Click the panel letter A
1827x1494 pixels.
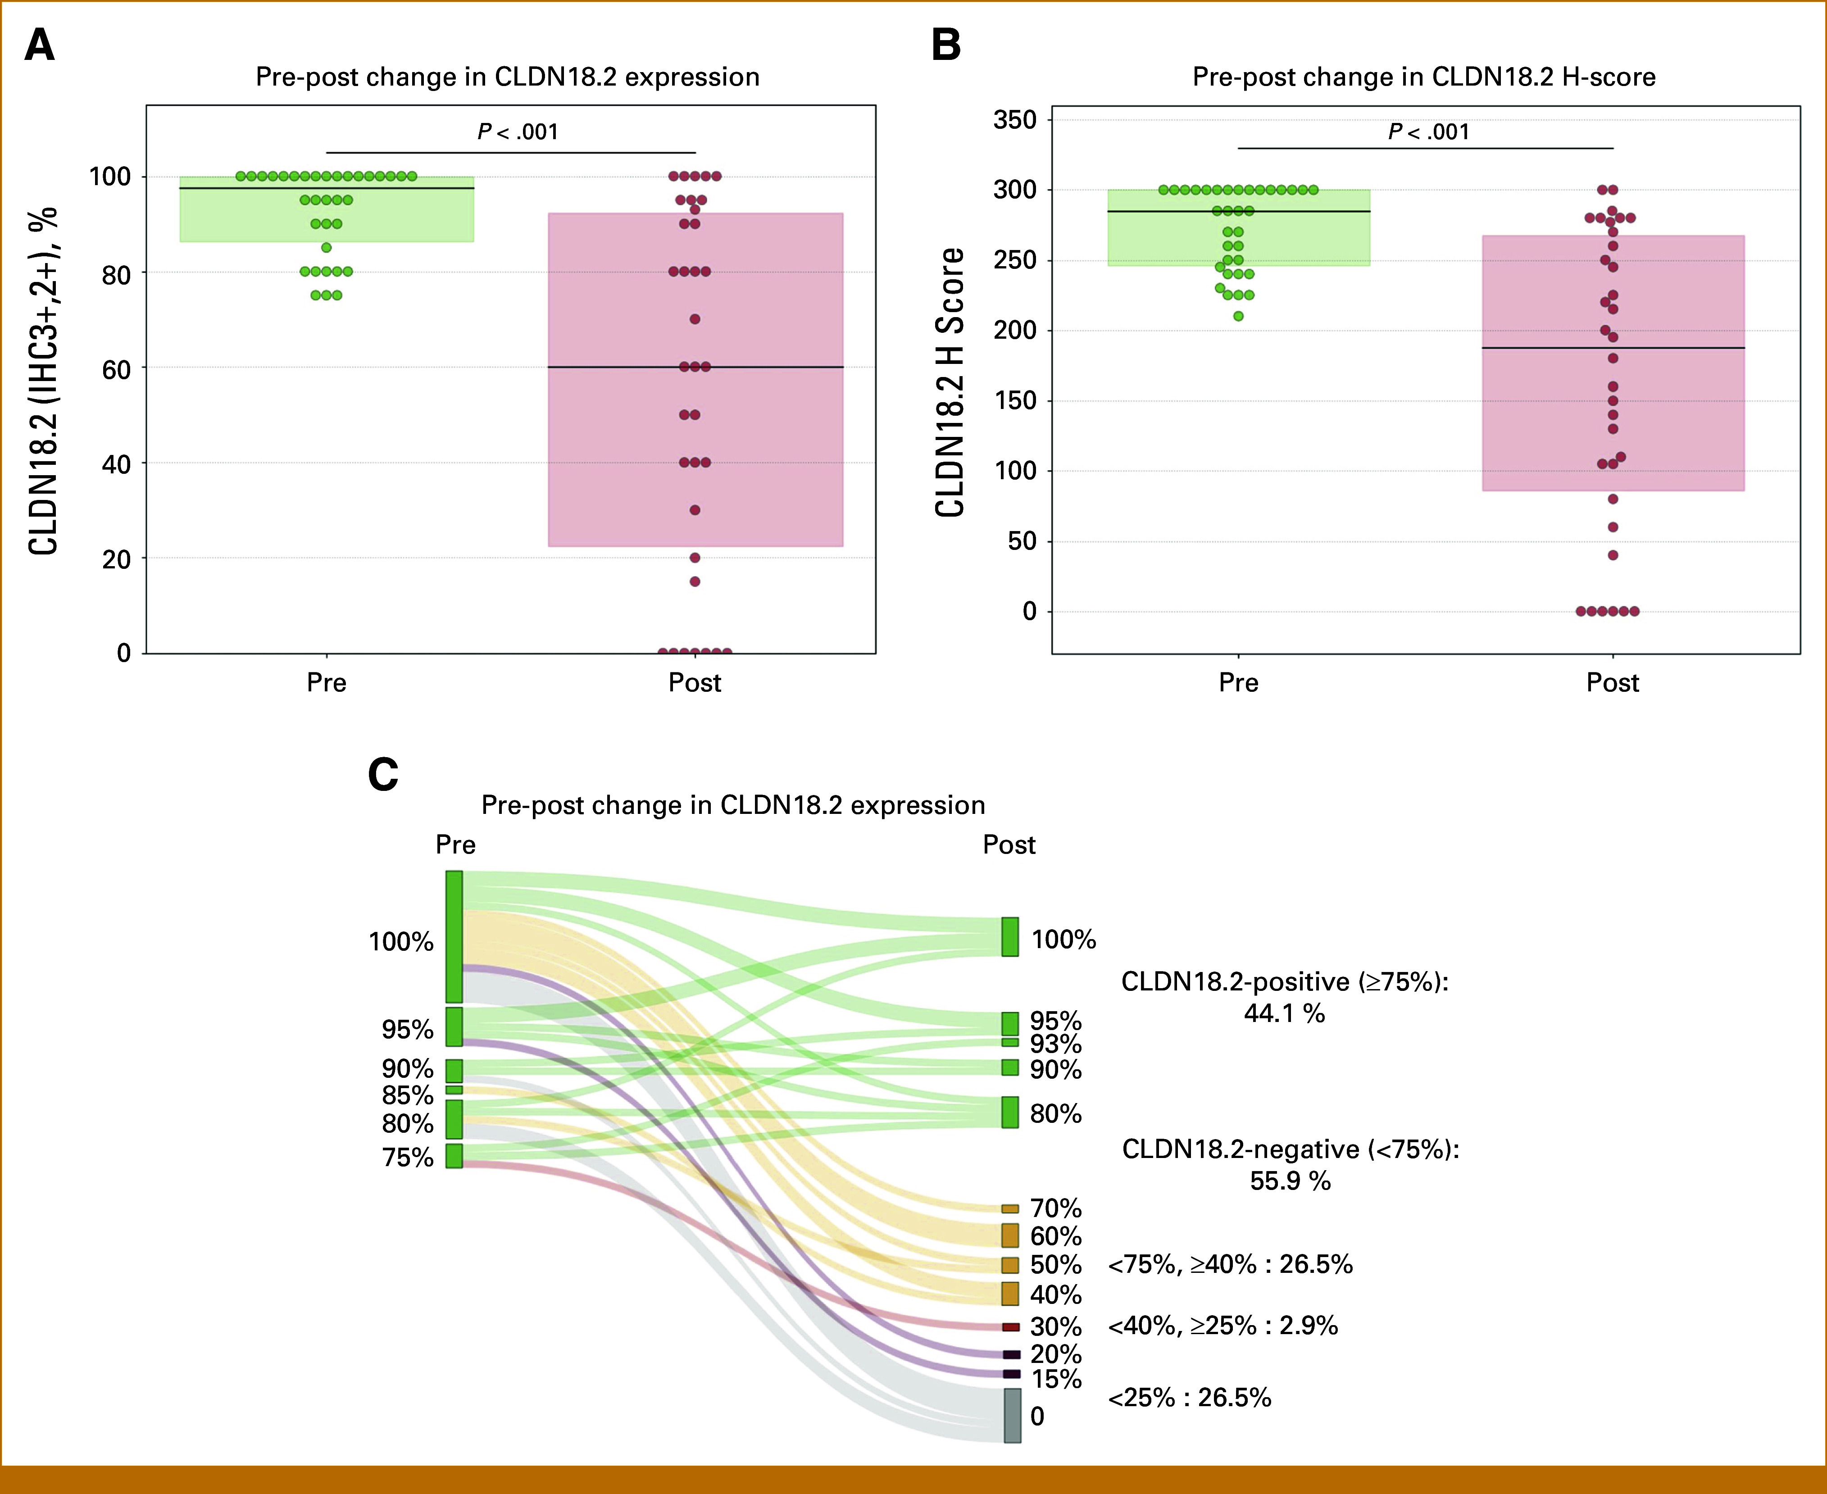(x=40, y=45)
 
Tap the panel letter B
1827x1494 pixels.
(x=946, y=45)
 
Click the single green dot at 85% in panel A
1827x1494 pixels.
(x=326, y=248)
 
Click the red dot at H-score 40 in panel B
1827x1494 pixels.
(x=1613, y=555)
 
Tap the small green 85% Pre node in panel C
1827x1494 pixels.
(x=454, y=1090)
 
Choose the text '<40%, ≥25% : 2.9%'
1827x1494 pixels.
(x=1222, y=1325)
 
